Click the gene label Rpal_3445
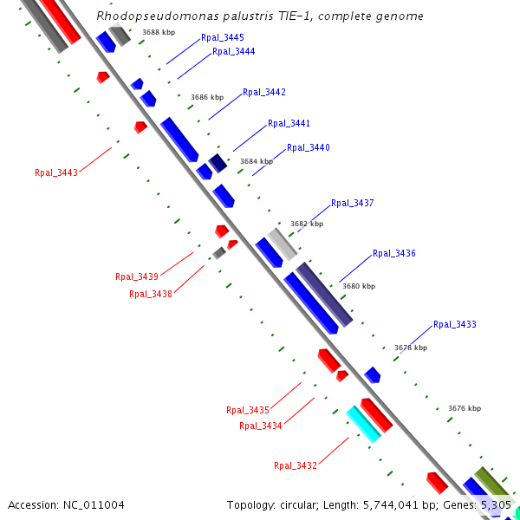click(222, 38)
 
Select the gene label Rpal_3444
click(233, 52)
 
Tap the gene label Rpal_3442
click(263, 93)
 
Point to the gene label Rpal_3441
click(289, 124)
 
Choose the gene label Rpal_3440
click(308, 148)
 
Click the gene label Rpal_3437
click(352, 204)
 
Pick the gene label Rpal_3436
click(393, 254)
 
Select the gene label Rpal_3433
click(454, 325)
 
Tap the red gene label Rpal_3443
click(56, 172)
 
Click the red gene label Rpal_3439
click(137, 277)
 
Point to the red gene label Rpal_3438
click(151, 294)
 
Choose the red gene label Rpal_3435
click(248, 411)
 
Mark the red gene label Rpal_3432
click(296, 466)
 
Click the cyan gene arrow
click(363, 424)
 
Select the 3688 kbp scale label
click(159, 32)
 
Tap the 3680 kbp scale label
click(359, 286)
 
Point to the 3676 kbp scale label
click(465, 408)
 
